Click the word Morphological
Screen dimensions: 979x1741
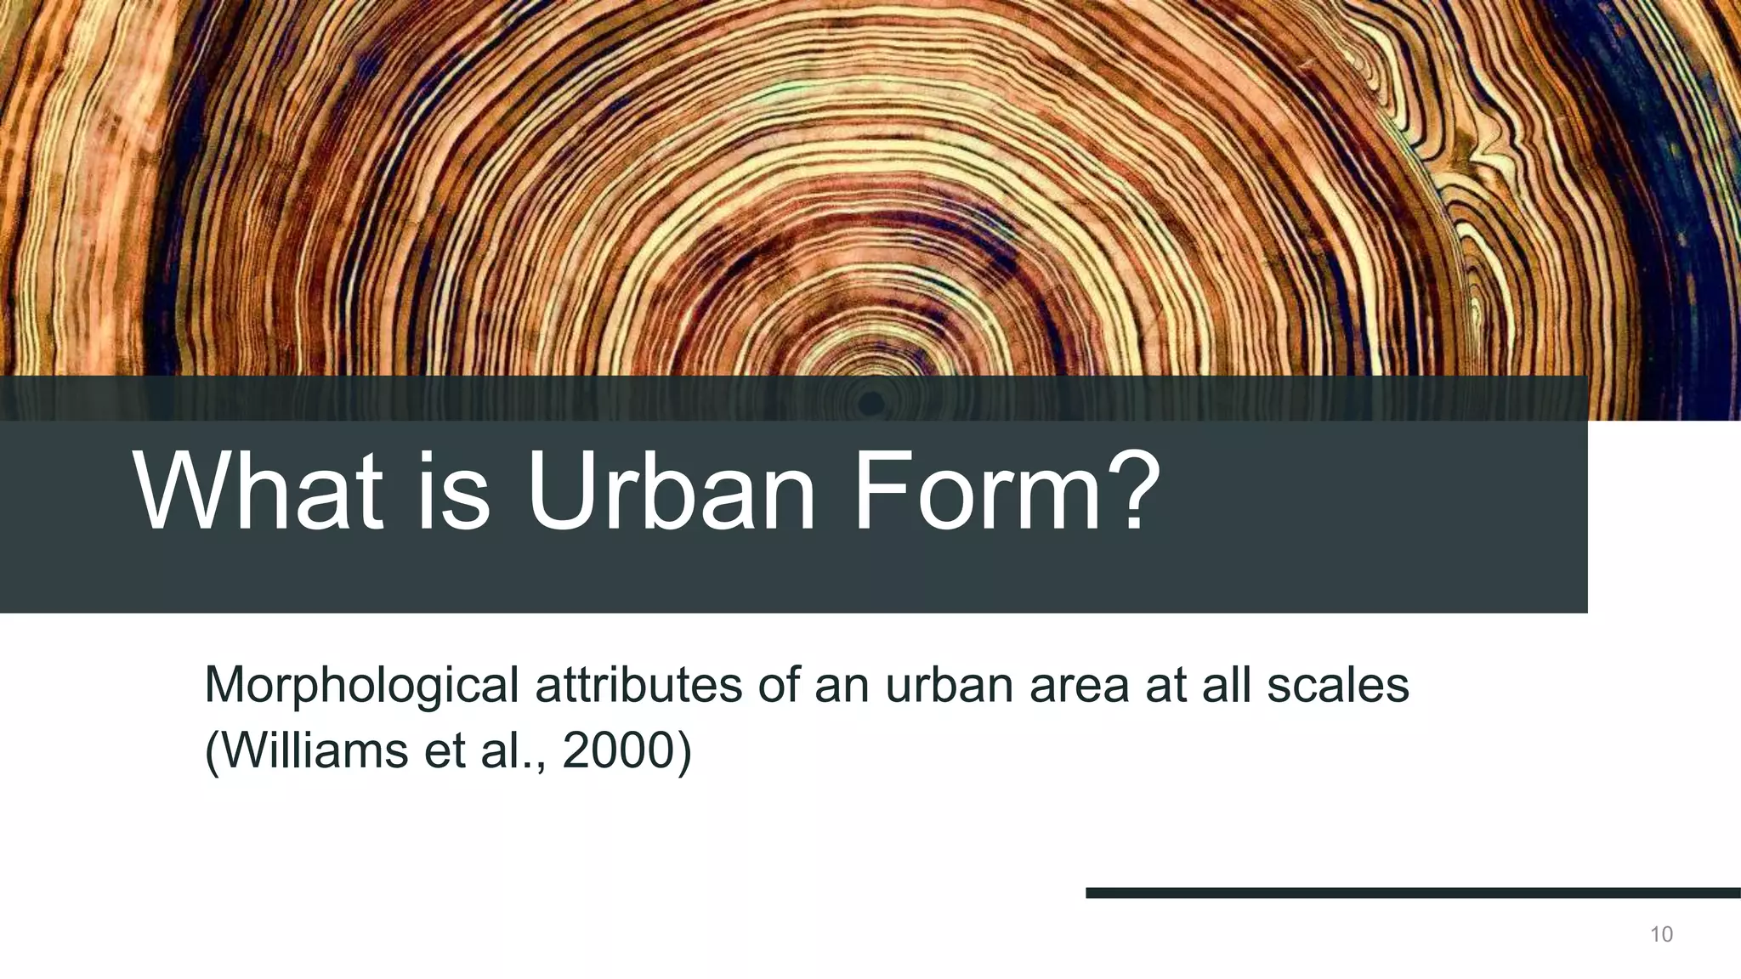click(361, 685)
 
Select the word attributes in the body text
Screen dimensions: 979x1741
click(638, 685)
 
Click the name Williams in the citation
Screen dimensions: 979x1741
click(315, 750)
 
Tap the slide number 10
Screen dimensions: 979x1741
click(1661, 935)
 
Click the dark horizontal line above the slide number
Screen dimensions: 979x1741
click(1411, 893)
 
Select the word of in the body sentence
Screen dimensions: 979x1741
click(779, 685)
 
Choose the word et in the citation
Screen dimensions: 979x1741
click(446, 750)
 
